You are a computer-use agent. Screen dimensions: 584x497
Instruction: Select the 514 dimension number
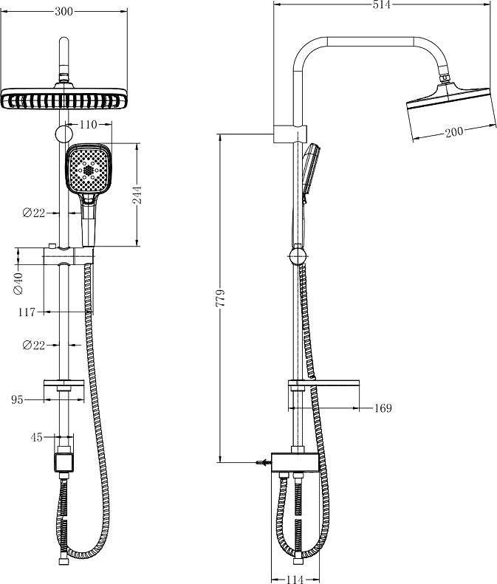pyautogui.click(x=380, y=5)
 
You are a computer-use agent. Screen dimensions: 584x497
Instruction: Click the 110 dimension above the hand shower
pyautogui.click(x=88, y=126)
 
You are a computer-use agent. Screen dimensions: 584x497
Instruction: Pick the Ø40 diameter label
pyautogui.click(x=18, y=283)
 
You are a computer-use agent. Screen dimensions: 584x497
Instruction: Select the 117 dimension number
pyautogui.click(x=27, y=312)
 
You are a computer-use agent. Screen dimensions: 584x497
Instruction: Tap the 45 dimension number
pyautogui.click(x=37, y=437)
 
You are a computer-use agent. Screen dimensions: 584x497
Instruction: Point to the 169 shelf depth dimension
pyautogui.click(x=383, y=408)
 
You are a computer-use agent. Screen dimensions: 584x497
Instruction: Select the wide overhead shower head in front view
pyautogui.click(x=64, y=99)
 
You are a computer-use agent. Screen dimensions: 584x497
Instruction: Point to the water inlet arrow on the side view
pyautogui.click(x=261, y=463)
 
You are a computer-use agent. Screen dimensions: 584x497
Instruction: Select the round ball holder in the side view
pyautogui.click(x=297, y=255)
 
